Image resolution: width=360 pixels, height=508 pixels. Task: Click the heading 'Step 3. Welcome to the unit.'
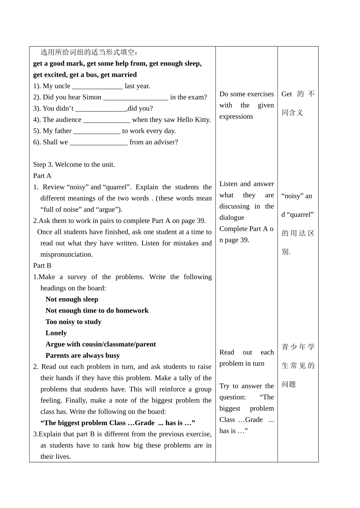[74, 165]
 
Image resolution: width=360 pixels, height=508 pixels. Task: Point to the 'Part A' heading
[42, 176]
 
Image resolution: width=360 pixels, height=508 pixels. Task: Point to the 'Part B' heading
[42, 266]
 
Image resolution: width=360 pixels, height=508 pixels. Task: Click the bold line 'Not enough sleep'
[72, 299]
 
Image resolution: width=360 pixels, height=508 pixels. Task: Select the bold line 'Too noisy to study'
[73, 322]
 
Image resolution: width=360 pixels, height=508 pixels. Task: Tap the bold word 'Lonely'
[56, 333]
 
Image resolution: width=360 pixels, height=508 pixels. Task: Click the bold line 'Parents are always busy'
[83, 355]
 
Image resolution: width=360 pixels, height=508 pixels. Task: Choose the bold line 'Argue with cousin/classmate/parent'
[100, 344]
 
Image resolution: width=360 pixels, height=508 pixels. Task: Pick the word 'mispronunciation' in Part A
[66, 255]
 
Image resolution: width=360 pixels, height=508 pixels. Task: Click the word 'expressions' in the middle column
[236, 117]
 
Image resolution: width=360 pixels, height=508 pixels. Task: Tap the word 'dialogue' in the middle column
[232, 218]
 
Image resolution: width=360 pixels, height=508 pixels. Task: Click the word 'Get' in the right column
[286, 94]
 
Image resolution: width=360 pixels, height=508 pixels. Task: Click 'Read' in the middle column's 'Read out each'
[227, 352]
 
